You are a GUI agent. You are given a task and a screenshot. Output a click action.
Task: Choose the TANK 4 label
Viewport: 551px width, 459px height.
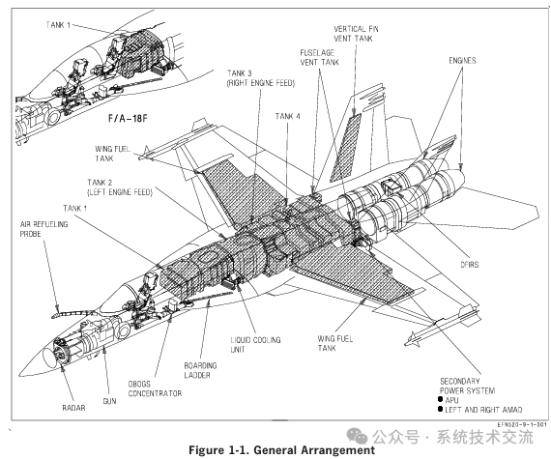click(287, 116)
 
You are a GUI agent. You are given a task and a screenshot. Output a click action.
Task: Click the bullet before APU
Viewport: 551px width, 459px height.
click(442, 398)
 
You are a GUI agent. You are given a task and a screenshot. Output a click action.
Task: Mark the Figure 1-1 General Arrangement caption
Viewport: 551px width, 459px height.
click(279, 450)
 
